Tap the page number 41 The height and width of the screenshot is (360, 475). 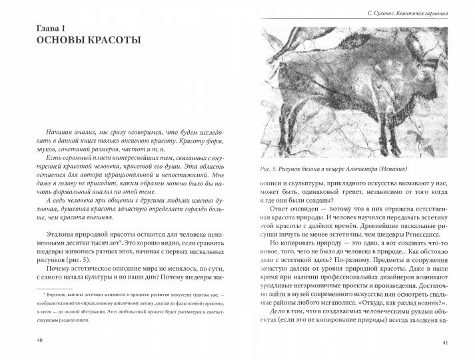(x=446, y=343)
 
